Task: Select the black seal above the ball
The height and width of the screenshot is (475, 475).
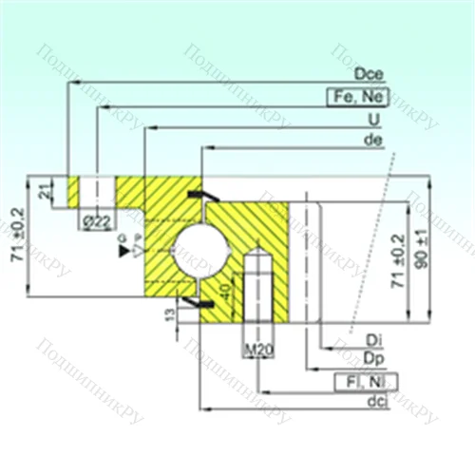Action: pos(199,196)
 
